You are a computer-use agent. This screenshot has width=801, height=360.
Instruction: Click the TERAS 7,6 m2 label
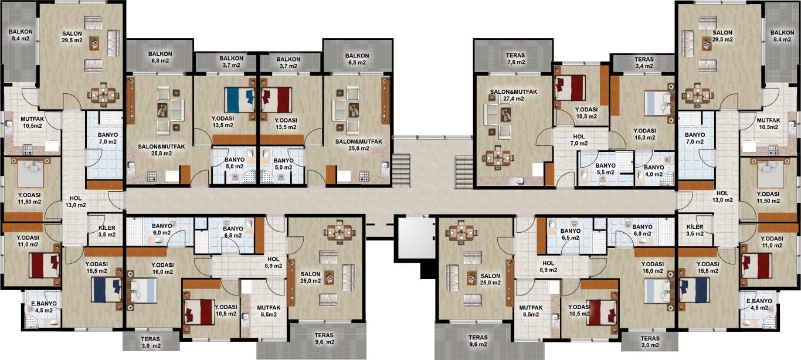coord(515,59)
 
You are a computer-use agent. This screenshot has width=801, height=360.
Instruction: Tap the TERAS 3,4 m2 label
coord(644,63)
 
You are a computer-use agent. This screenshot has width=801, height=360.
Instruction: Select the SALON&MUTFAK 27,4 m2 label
coord(514,95)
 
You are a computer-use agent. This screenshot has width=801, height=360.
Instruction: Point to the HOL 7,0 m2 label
coord(579,140)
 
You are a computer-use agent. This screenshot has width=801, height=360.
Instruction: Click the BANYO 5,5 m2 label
coord(605,169)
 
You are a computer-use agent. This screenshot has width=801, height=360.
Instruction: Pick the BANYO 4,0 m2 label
coord(654,171)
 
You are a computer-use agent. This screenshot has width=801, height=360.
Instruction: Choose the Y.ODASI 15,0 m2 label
coord(645,134)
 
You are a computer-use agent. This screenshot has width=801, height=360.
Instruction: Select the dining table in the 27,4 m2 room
coord(498,157)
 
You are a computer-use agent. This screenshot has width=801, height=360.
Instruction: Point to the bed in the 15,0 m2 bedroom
coord(658,103)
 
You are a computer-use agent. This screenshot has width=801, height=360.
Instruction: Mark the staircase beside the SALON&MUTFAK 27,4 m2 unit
coord(464,172)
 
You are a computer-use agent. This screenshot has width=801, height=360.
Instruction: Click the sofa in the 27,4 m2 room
coord(490,114)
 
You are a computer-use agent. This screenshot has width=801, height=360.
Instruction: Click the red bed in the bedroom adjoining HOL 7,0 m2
coord(570,87)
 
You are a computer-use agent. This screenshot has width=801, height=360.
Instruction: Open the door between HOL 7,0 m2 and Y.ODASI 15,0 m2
coord(617,140)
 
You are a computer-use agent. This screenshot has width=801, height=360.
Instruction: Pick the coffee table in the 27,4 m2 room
coord(505,114)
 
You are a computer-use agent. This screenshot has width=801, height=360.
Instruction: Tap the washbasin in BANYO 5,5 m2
coord(583,174)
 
